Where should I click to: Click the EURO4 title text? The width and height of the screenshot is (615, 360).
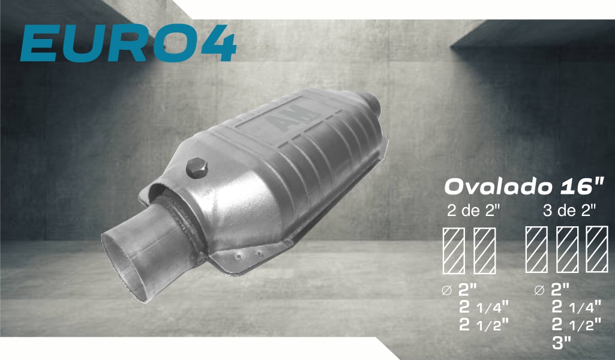(128, 43)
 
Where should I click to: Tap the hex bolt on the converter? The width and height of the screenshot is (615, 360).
(197, 167)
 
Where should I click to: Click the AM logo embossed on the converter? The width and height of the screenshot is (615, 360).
(293, 117)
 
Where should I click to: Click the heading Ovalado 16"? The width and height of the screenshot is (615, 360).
(524, 187)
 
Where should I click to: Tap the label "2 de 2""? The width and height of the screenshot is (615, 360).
(474, 211)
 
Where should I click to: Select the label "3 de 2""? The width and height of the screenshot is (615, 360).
(570, 211)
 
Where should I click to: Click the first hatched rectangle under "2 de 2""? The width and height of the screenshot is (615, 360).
(454, 251)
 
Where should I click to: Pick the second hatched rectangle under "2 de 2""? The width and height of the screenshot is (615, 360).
(485, 251)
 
